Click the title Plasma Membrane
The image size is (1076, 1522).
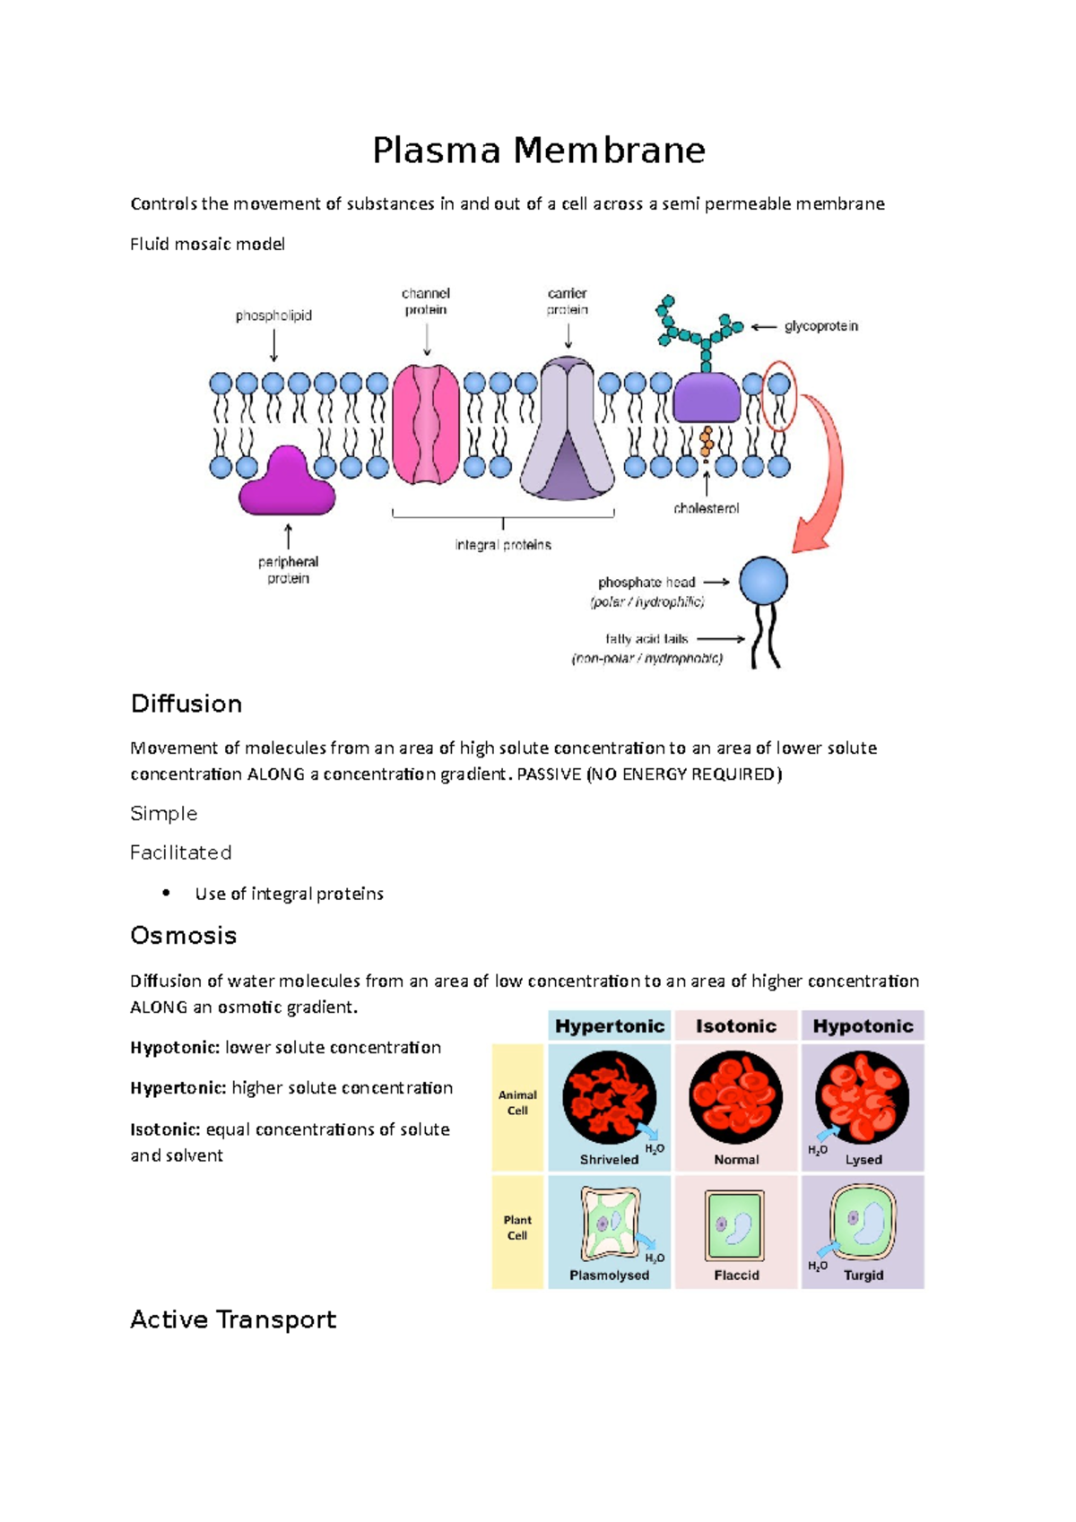[539, 151]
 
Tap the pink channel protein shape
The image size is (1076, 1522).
[426, 424]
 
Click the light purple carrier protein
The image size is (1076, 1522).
[568, 430]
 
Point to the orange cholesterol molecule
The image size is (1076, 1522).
[707, 440]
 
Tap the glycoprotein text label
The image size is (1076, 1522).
[820, 326]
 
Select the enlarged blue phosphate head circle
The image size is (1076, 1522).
[763, 581]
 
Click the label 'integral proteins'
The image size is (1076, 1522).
[503, 545]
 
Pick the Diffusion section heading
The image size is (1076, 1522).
[187, 704]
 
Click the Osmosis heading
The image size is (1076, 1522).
[184, 936]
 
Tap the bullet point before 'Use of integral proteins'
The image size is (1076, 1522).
[166, 893]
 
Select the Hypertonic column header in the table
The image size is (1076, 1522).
[610, 1026]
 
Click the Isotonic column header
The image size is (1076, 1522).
[736, 1026]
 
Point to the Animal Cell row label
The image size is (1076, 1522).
[517, 1103]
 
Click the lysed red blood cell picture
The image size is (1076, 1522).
[862, 1097]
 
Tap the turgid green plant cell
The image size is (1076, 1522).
[863, 1223]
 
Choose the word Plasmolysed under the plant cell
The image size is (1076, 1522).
[609, 1275]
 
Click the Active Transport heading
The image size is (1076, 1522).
[233, 1319]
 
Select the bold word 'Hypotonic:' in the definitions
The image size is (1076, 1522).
[174, 1048]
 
